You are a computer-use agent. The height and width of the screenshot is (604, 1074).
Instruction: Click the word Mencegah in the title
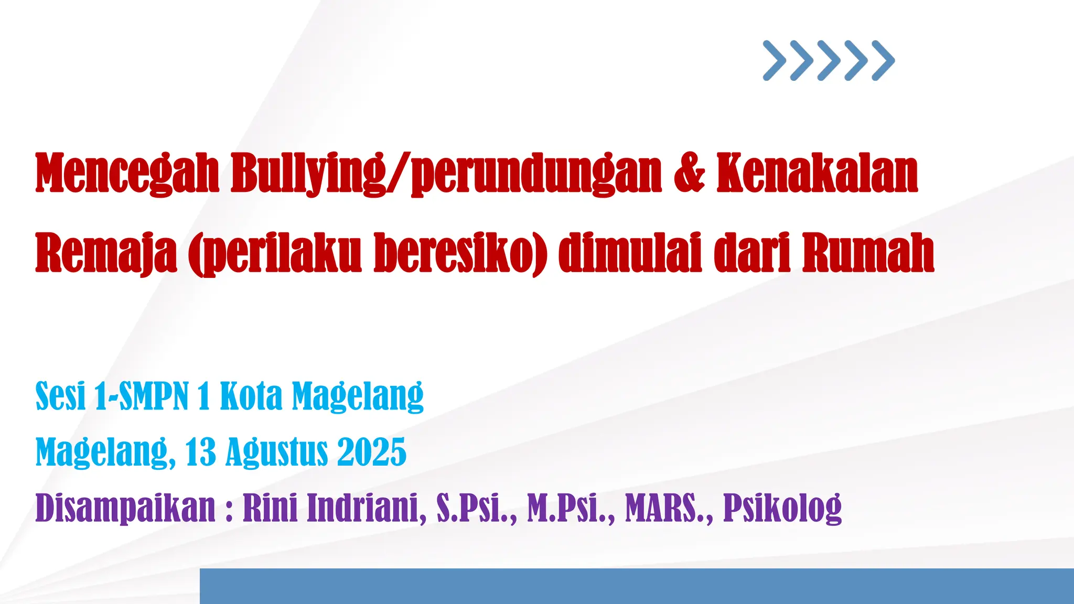(x=127, y=174)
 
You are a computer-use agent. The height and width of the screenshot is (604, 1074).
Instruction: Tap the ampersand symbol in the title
(x=689, y=172)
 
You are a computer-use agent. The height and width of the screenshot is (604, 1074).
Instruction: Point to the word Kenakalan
(x=817, y=174)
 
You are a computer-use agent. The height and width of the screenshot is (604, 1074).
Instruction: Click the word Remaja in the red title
(x=106, y=254)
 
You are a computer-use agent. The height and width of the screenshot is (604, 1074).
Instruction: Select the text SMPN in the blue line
(x=154, y=396)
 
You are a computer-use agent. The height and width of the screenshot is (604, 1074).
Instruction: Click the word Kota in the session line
(x=251, y=396)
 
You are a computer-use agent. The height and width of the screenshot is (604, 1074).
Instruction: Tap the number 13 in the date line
(x=200, y=452)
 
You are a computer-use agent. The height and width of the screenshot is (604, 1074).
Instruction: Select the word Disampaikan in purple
(x=125, y=508)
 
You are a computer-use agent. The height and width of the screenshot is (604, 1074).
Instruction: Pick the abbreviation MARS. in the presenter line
(x=669, y=508)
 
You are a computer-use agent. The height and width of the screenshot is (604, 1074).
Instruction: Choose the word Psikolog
(x=782, y=508)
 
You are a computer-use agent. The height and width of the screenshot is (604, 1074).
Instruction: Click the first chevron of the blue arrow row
(x=774, y=60)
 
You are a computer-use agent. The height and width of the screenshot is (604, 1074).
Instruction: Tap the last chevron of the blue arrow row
(x=883, y=60)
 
